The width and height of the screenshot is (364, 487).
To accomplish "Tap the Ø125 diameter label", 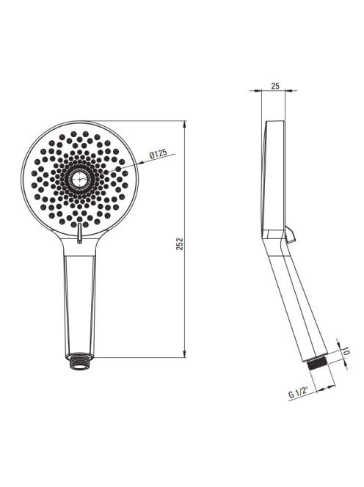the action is click(x=158, y=153).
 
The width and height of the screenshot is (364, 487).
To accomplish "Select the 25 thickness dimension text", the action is click(x=275, y=86).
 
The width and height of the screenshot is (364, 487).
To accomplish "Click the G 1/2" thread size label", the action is click(x=299, y=392).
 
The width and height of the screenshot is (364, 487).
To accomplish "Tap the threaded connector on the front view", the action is click(x=80, y=362).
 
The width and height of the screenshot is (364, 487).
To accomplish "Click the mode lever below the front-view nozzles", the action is click(x=80, y=233).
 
